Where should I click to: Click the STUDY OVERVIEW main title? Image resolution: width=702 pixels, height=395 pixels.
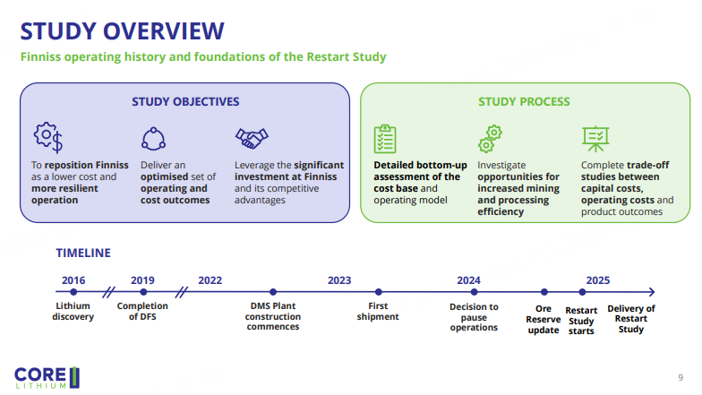[122, 30]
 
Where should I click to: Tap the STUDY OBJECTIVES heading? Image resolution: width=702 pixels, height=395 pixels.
[185, 101]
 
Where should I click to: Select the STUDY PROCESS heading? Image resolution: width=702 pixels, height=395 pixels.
[524, 101]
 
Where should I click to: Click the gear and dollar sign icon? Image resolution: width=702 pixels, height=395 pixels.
[47, 137]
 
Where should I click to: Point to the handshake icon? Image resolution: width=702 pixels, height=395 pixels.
[253, 138]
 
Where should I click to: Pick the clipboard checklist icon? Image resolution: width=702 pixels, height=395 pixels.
[385, 139]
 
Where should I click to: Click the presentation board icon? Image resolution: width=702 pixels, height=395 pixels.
[595, 138]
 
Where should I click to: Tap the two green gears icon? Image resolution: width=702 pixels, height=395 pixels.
[491, 139]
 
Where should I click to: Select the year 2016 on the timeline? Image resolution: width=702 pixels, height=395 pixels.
[73, 279]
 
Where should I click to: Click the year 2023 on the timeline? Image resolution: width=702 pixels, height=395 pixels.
[339, 279]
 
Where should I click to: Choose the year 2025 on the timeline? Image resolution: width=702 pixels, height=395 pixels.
[597, 279]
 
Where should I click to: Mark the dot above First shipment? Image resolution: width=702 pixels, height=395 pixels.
[379, 292]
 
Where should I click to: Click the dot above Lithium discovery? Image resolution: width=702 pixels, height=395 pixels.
[73, 292]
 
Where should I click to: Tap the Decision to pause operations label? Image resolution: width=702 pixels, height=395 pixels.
[474, 317]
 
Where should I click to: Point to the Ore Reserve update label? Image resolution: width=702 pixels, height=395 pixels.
[544, 320]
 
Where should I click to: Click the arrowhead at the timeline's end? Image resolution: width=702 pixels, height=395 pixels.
[651, 292]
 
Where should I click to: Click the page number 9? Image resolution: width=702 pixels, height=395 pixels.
[681, 377]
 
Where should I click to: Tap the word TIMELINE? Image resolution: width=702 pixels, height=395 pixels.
[83, 253]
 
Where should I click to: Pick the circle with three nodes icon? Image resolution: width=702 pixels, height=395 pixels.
[154, 138]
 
